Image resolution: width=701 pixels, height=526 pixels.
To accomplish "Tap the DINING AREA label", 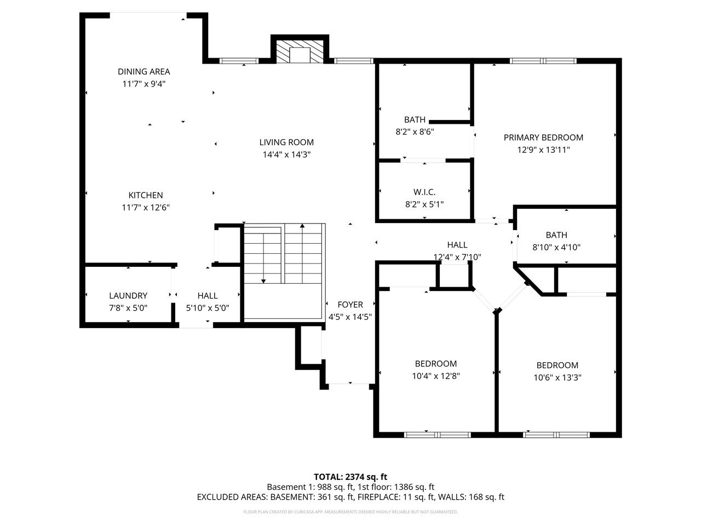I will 143,71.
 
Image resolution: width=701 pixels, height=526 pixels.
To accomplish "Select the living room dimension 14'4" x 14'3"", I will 286,155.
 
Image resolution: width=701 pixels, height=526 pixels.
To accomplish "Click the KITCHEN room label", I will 146,195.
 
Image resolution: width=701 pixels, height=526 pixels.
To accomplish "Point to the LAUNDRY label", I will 128,295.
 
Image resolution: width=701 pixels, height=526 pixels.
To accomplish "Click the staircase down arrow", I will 263,280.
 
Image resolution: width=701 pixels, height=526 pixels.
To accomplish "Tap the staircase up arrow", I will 302,226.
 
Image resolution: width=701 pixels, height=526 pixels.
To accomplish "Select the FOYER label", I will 350,305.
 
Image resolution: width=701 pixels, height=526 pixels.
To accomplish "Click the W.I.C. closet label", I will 424,192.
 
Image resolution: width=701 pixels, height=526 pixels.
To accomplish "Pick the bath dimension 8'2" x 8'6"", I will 415,131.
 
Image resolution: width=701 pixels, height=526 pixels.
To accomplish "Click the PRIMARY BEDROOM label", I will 543,138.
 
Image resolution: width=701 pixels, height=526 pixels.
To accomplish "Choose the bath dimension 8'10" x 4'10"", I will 556,247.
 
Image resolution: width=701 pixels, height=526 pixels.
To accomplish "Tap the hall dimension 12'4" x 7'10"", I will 457,256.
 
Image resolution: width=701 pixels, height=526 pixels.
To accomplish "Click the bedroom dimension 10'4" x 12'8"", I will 435,376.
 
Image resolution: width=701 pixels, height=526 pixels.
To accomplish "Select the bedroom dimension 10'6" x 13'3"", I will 557,377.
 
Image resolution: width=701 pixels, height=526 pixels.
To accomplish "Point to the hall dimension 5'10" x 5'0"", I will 208,308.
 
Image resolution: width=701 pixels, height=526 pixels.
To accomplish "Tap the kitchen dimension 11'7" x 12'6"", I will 146,207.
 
